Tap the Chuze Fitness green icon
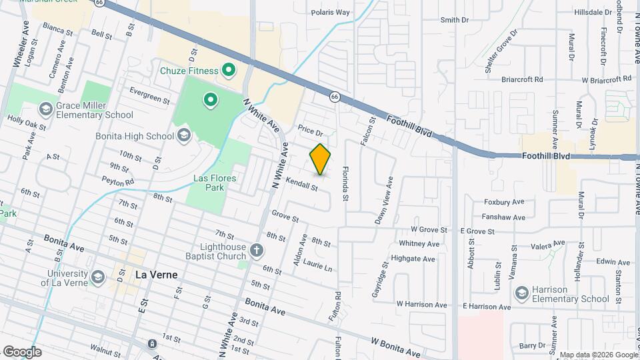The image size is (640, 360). [228, 69]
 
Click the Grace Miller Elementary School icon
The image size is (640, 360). [46, 109]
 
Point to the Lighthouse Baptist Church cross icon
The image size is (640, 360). [257, 251]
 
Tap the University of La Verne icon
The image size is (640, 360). [98, 277]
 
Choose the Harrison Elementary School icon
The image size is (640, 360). [521, 293]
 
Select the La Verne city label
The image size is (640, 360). [156, 273]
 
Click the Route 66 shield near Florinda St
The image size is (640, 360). [335, 97]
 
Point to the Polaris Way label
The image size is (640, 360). [331, 12]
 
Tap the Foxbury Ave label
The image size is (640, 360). [504, 201]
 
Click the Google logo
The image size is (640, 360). [22, 351]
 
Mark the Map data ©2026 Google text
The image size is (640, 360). [598, 355]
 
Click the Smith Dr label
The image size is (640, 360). [455, 20]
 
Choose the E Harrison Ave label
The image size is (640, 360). [486, 307]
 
